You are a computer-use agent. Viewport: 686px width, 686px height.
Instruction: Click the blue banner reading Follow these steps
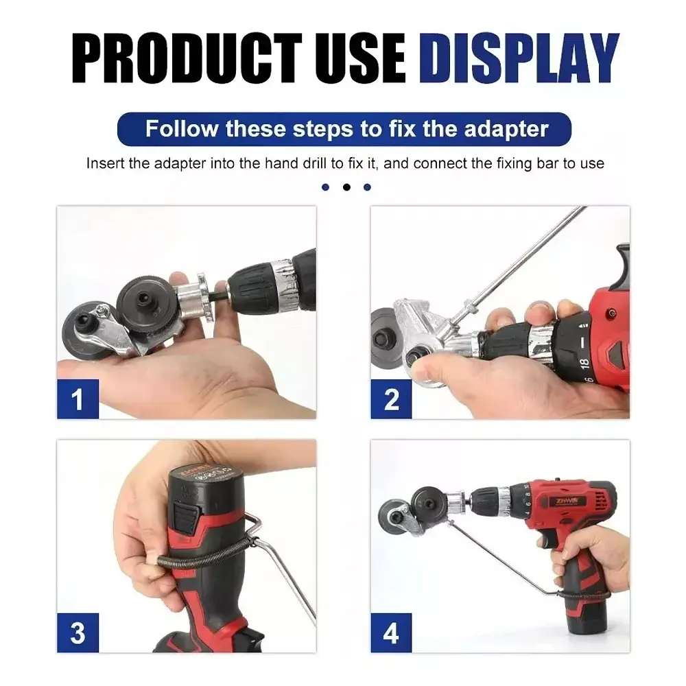point(344,129)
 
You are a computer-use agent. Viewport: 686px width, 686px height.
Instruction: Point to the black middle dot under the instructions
point(346,187)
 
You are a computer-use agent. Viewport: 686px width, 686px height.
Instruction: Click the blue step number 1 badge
point(78,399)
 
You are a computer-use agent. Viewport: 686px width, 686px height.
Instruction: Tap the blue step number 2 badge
point(391,399)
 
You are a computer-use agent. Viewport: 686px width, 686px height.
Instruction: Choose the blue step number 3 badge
point(78,632)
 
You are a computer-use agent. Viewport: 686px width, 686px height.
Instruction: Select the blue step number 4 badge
point(391,632)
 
